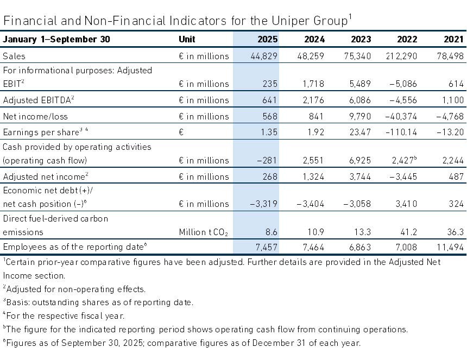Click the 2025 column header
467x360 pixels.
coord(268,39)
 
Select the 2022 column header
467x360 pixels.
coord(407,39)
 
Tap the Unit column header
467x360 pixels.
coord(187,39)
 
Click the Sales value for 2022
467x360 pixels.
coord(401,56)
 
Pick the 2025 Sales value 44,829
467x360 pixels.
coord(264,56)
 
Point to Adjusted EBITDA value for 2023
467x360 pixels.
coord(360,100)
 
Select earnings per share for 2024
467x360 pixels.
coord(315,132)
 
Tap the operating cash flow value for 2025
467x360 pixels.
coord(267,161)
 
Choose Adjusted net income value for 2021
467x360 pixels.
coord(456,176)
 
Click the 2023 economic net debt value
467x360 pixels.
coord(357,204)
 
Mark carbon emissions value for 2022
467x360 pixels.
coord(408,232)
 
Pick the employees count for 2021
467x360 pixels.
coord(450,247)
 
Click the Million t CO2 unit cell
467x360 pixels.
coord(204,232)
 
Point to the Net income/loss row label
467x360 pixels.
coord(35,116)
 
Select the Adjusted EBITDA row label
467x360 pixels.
coord(39,100)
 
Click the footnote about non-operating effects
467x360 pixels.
coord(74,289)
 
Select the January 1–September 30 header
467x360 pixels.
coord(56,39)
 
